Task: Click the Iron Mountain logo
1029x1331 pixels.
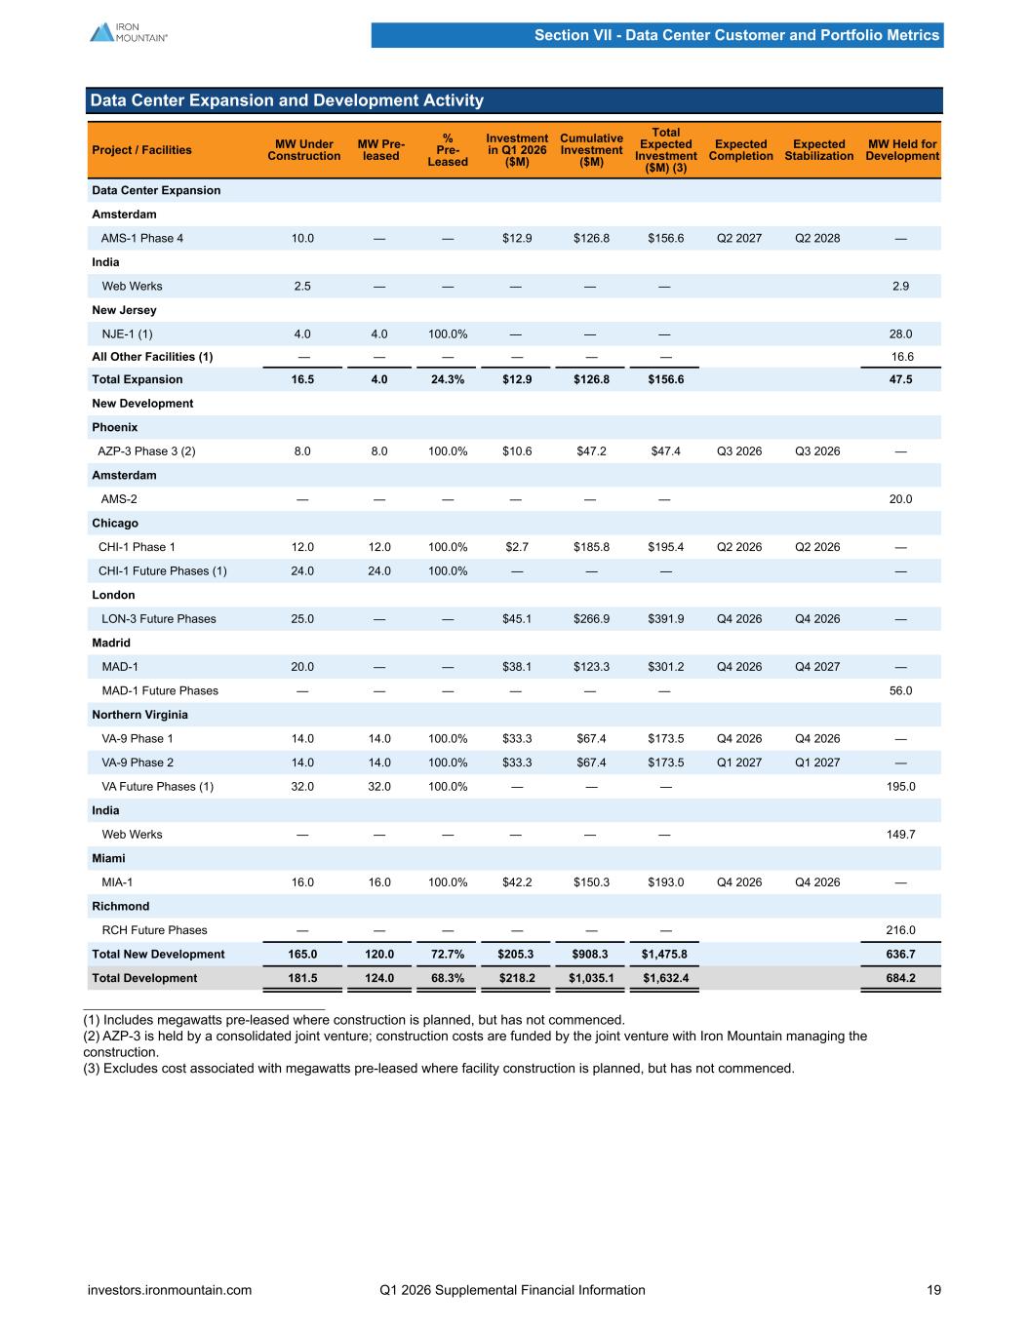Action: click(129, 32)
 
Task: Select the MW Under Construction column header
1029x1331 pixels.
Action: click(303, 150)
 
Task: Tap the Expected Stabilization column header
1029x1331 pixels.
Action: click(819, 150)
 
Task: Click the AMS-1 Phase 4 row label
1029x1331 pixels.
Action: click(142, 238)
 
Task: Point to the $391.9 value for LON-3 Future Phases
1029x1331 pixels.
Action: click(666, 618)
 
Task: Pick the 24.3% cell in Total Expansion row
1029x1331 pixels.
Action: click(448, 379)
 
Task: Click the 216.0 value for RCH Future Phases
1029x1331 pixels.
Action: click(900, 930)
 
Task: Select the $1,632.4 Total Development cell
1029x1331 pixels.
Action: click(666, 978)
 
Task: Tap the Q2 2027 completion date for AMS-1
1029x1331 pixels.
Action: click(739, 238)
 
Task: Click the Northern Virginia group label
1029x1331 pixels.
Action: click(139, 714)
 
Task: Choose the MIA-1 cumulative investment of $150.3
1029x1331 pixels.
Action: click(591, 882)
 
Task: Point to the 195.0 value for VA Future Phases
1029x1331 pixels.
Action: click(900, 787)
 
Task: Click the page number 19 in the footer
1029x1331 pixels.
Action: click(933, 1290)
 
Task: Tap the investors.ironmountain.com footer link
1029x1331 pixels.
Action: click(170, 1290)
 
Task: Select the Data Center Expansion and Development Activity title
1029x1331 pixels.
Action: click(287, 100)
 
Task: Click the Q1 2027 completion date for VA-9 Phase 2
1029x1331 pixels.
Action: click(739, 763)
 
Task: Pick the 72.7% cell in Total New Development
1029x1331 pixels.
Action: click(448, 954)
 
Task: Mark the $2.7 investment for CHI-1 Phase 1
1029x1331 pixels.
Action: click(517, 547)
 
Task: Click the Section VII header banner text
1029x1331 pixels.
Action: click(736, 35)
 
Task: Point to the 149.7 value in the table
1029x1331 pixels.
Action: click(900, 835)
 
